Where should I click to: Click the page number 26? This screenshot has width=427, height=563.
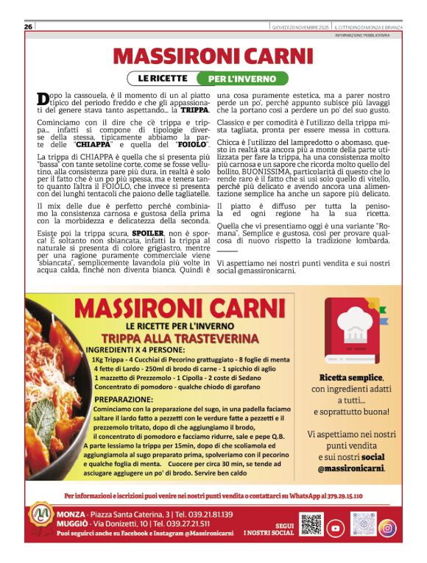[28, 27]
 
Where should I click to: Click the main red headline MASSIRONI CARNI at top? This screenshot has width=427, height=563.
[213, 56]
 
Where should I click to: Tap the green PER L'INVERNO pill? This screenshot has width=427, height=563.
[242, 78]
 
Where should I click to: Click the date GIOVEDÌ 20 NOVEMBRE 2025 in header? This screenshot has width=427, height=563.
[299, 27]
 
